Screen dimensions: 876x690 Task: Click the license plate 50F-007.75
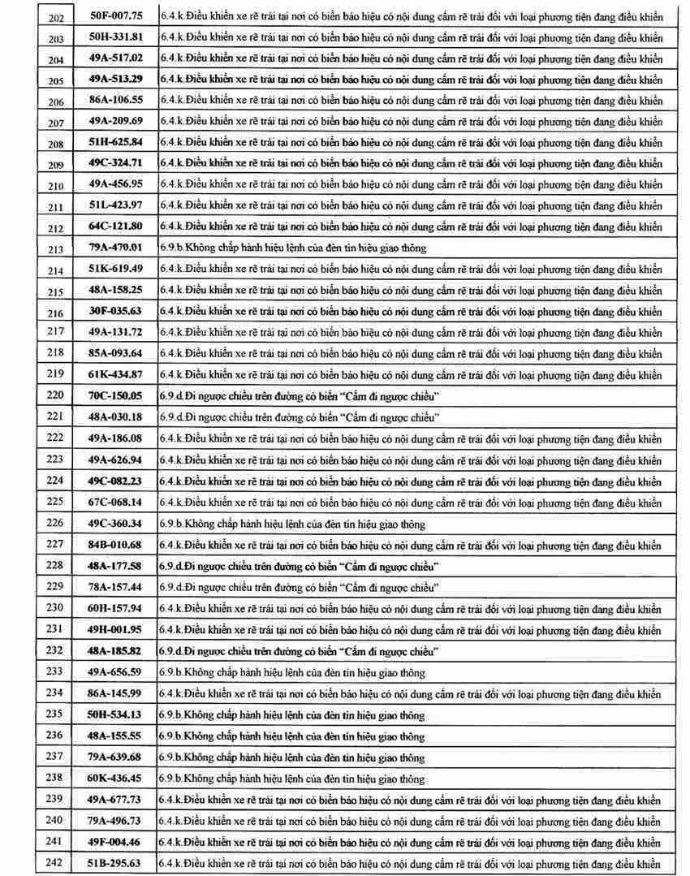pos(115,15)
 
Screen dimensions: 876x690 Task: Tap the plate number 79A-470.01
pos(115,248)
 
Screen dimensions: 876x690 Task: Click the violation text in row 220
pos(300,395)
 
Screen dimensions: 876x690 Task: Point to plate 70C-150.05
pos(115,395)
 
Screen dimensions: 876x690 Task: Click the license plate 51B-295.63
pos(115,863)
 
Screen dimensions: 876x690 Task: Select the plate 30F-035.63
pos(115,311)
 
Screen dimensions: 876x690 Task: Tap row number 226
pos(55,523)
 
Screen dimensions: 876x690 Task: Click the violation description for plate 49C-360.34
pos(291,524)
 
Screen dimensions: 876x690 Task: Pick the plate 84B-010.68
pos(115,544)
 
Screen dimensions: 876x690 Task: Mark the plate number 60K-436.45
pos(115,778)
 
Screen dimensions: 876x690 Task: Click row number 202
pos(56,17)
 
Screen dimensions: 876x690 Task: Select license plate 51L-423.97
pos(115,205)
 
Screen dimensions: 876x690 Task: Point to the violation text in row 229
pos(300,587)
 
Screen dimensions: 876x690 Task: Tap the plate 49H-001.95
pos(115,629)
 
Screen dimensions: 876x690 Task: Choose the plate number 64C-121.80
pos(115,226)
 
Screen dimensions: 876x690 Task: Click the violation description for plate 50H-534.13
pos(291,714)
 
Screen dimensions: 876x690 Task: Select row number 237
pos(55,757)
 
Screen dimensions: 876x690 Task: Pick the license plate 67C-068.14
pos(115,502)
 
